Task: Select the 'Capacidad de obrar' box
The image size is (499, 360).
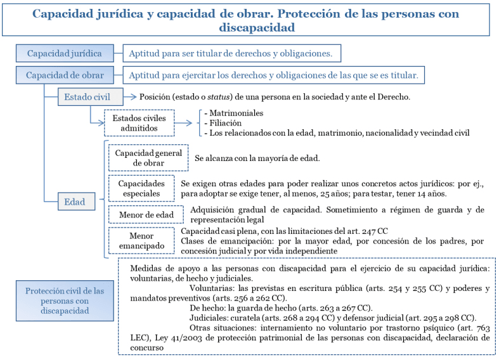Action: (x=65, y=75)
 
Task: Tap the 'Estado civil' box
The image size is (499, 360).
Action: (x=92, y=97)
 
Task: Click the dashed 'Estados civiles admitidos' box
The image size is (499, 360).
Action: (x=139, y=122)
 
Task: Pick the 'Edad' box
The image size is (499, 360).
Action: (x=75, y=202)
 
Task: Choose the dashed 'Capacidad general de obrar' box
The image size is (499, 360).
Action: (x=148, y=158)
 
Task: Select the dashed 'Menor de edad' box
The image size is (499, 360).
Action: (x=146, y=215)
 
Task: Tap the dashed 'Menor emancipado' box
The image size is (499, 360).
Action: (x=141, y=240)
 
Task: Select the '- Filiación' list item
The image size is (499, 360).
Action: (x=219, y=123)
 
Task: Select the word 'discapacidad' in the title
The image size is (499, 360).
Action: (x=257, y=28)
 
